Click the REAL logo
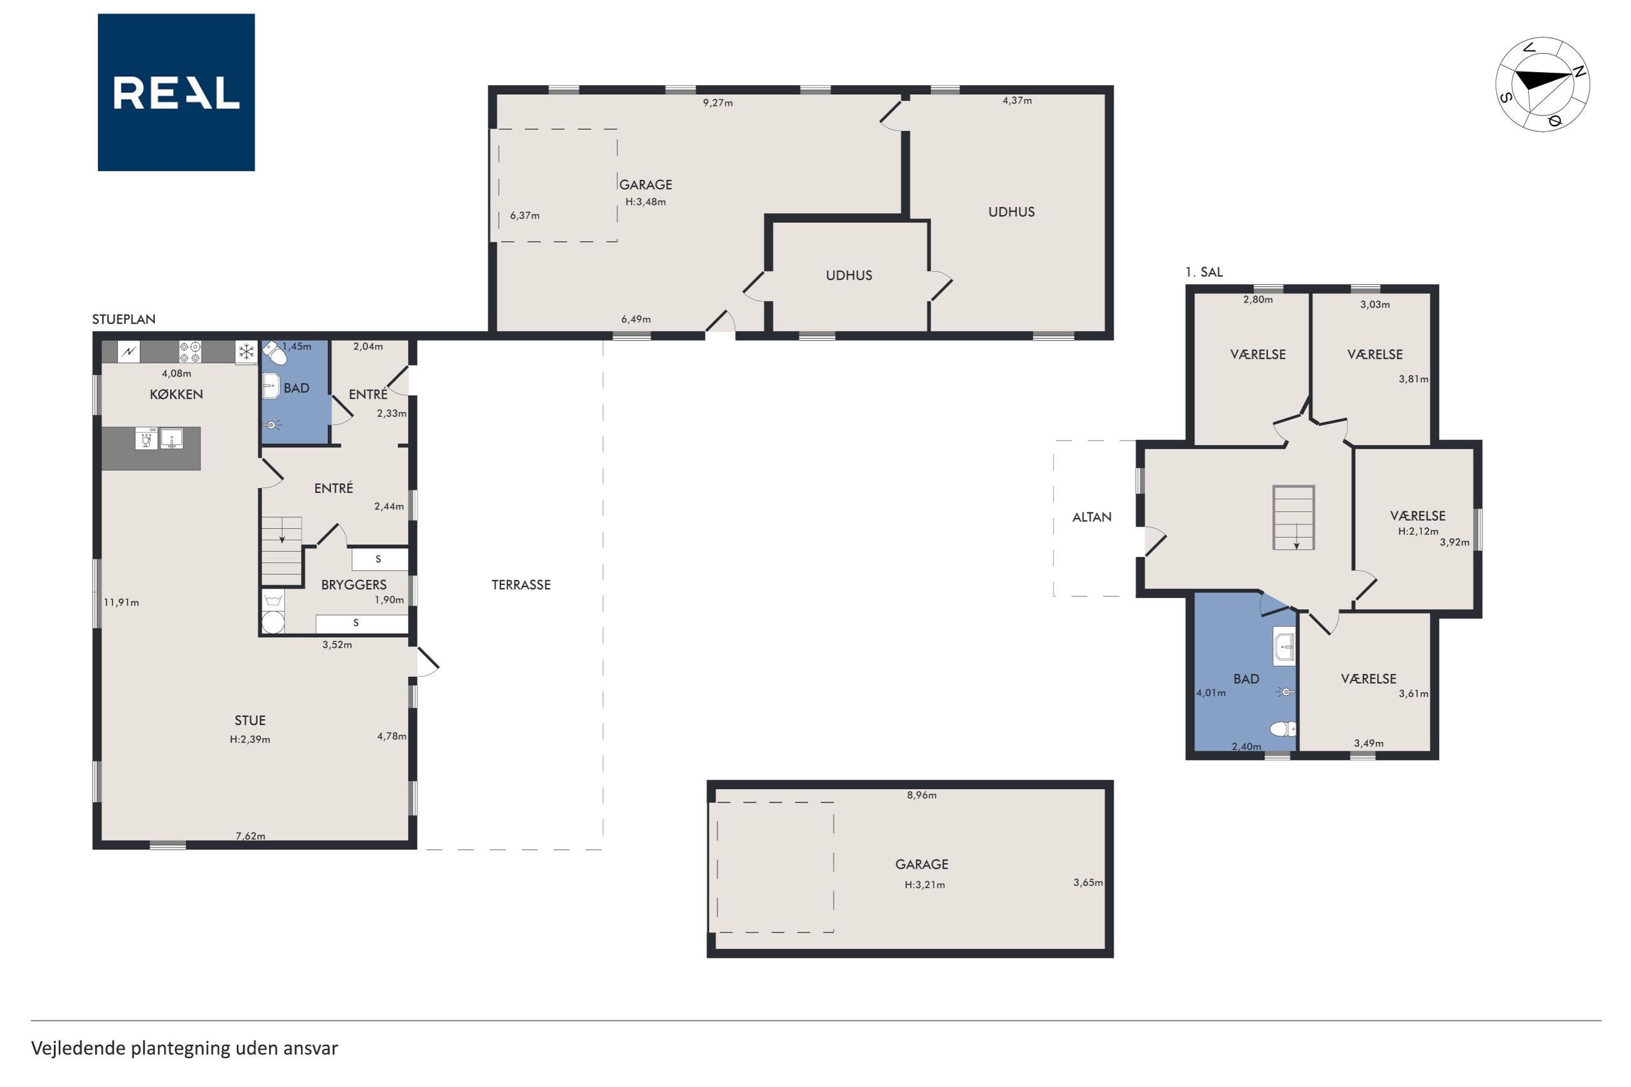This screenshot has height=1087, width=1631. point(176,92)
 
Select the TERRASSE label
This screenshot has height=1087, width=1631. point(521,585)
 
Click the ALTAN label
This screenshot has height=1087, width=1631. point(1091,516)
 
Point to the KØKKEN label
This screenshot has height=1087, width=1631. point(176,394)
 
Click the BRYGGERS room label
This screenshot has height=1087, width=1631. point(354,585)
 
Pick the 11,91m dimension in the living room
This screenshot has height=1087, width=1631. point(121,602)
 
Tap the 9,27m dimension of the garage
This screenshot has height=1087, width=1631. point(718,103)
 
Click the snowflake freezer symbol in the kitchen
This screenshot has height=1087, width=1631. point(246,351)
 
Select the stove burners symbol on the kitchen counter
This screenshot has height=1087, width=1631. point(190,351)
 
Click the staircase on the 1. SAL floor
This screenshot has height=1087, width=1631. point(1293,517)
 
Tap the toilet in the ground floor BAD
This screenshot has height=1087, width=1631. point(275,352)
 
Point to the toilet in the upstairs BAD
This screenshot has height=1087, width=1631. point(1282,729)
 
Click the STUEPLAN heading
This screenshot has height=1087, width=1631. point(124,319)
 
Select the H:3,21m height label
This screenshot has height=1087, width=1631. point(924,884)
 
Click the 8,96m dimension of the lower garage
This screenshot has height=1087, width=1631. point(922,795)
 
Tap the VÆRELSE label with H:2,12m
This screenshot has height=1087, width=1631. point(1417,516)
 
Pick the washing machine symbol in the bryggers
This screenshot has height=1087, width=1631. point(272,612)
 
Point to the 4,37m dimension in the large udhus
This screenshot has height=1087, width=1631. point(1017,100)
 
